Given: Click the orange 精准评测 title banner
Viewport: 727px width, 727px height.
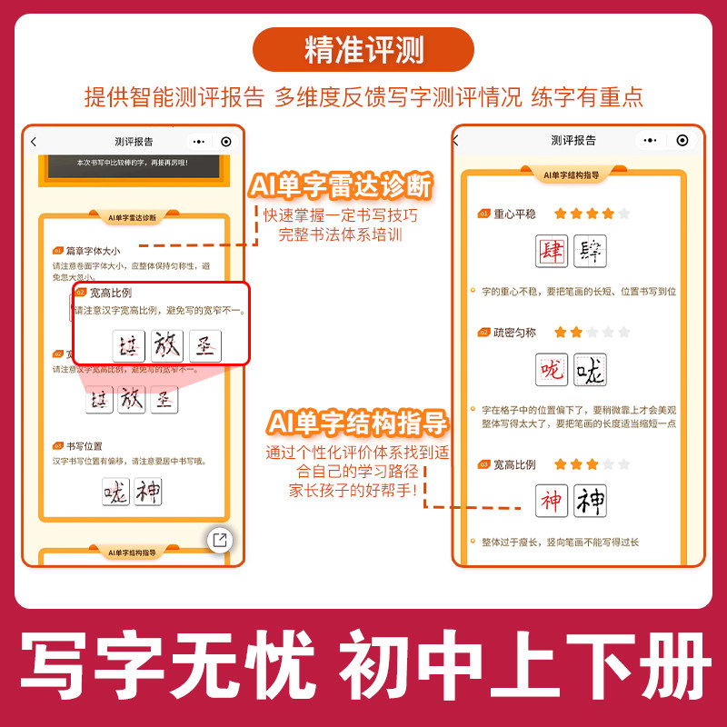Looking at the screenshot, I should tap(363, 50).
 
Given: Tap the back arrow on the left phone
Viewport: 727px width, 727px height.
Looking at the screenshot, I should tap(34, 142).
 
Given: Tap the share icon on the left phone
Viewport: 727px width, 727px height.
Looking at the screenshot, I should tap(219, 540).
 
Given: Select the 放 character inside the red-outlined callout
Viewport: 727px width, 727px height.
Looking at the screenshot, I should tap(167, 345).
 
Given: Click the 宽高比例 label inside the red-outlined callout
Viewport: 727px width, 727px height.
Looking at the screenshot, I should tap(111, 293).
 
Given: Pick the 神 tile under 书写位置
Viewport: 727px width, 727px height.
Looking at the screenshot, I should tap(147, 492).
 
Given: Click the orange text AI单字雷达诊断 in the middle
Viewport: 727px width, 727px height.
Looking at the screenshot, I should tap(341, 186).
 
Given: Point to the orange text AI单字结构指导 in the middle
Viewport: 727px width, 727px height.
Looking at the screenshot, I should tap(357, 423).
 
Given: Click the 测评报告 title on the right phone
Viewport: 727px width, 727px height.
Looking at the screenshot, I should tap(573, 140).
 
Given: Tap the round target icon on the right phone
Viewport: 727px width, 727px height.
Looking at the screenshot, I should tap(682, 140).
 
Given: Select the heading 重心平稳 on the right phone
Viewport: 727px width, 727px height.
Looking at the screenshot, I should tap(515, 214).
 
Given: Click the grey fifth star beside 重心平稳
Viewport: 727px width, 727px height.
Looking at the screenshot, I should tap(623, 214).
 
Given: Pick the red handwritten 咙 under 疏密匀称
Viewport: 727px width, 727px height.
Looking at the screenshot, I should tap(551, 370).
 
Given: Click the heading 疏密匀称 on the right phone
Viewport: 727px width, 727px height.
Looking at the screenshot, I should tap(515, 333).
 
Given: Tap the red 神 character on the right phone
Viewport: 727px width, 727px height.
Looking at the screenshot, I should tap(551, 501).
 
